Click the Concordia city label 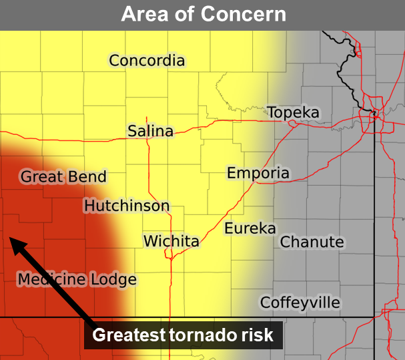147,61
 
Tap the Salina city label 150,131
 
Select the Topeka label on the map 294,113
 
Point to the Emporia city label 258,174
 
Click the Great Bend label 63,177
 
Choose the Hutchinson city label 127,206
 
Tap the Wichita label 171,240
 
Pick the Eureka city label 250,228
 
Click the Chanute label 312,242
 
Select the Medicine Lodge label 77,280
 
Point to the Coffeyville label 300,303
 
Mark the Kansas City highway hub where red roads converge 376,115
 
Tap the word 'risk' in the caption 257,335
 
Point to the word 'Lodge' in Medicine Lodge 114,280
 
